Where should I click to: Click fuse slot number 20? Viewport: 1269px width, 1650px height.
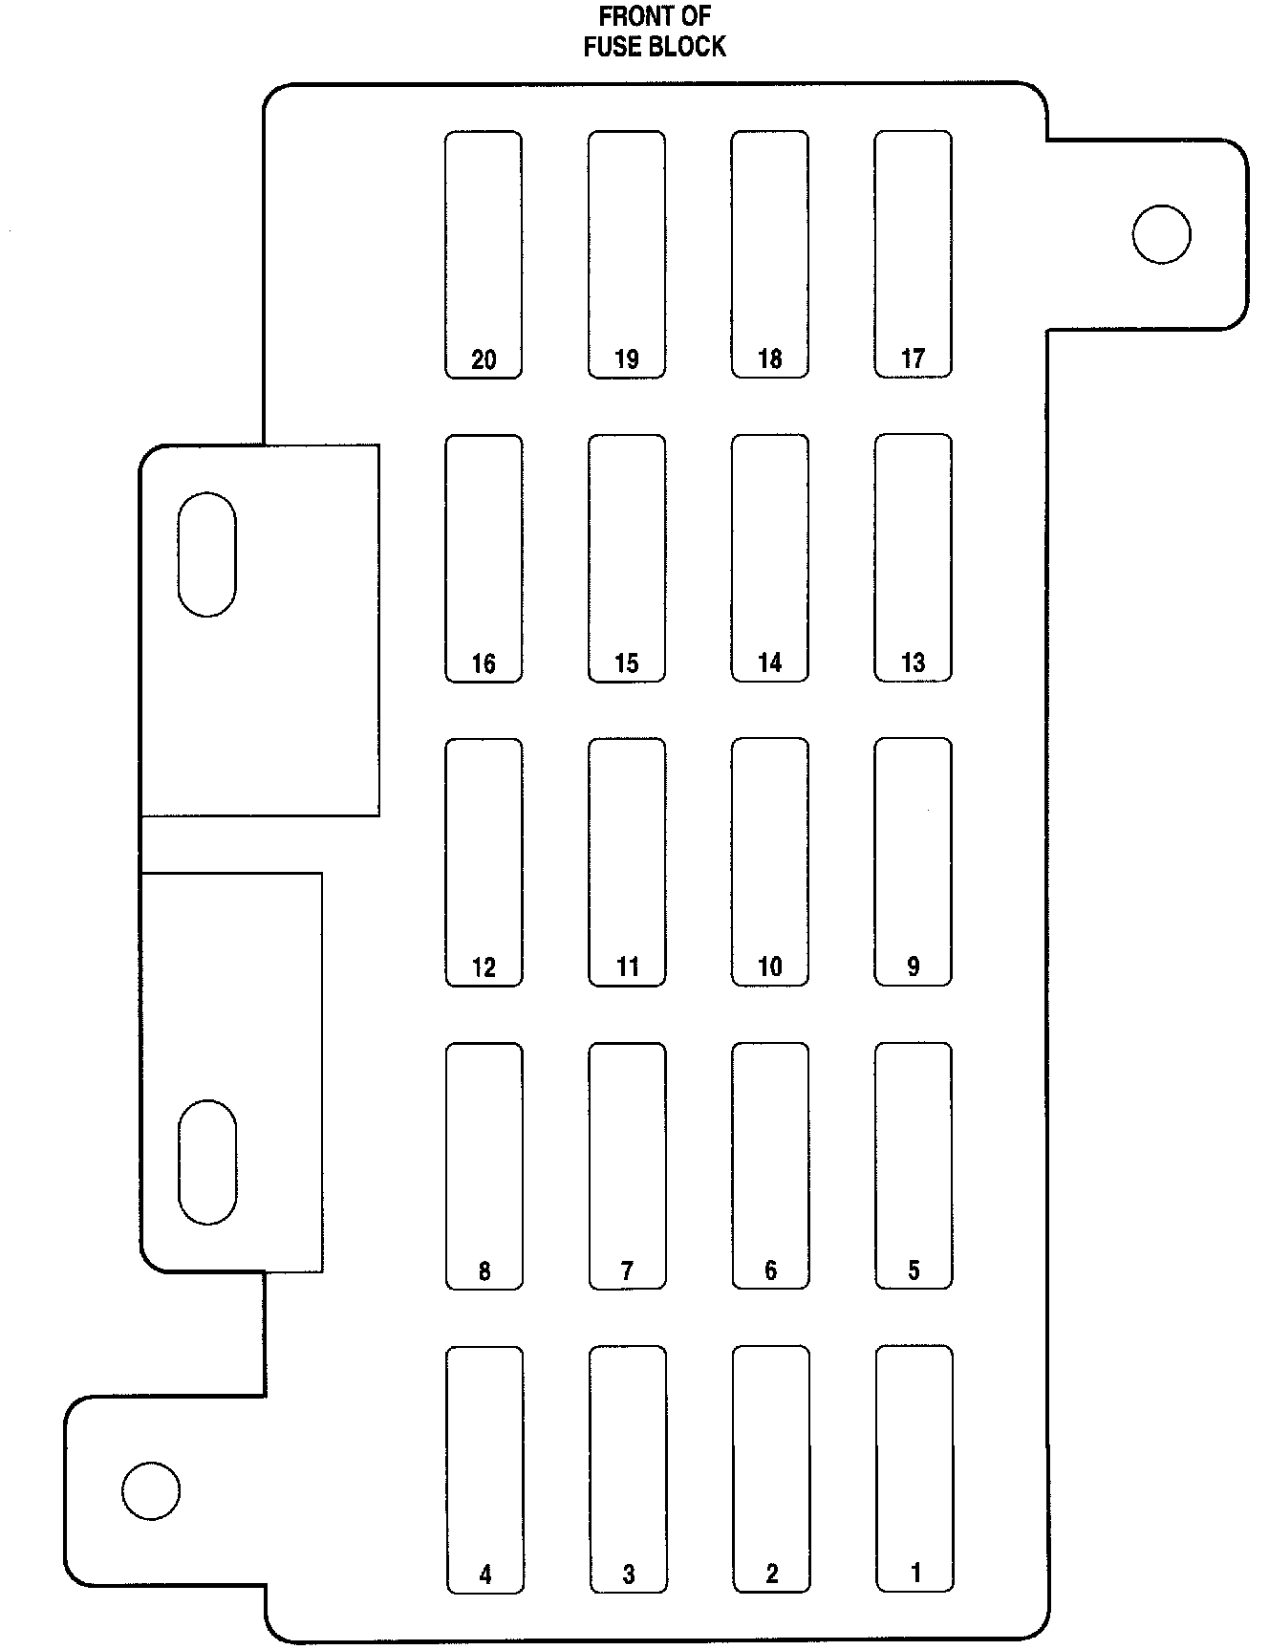pyautogui.click(x=484, y=254)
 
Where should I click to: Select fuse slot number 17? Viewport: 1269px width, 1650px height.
pyautogui.click(x=914, y=254)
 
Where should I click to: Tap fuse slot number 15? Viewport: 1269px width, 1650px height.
pyautogui.click(x=627, y=558)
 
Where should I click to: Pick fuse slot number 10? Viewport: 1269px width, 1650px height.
pyautogui.click(x=770, y=861)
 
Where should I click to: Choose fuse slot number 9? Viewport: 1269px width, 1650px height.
pyautogui.click(x=914, y=861)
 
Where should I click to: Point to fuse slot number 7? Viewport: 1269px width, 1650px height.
pyautogui.click(x=627, y=1165)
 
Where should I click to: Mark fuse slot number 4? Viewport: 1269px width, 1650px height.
pyautogui.click(x=484, y=1469)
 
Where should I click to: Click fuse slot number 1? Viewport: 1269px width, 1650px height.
pyautogui.click(x=914, y=1469)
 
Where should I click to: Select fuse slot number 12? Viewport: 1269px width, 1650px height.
pyautogui.click(x=484, y=861)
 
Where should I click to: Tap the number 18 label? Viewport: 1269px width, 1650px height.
pyautogui.click(x=770, y=359)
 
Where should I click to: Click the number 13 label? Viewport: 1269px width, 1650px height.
pyautogui.click(x=914, y=662)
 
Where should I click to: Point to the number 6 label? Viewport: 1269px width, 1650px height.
pyautogui.click(x=771, y=1270)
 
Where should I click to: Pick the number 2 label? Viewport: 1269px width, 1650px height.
pyautogui.click(x=772, y=1574)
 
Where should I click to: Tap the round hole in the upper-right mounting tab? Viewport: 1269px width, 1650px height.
pyautogui.click(x=1161, y=234)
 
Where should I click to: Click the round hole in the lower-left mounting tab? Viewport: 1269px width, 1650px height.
pyautogui.click(x=151, y=1490)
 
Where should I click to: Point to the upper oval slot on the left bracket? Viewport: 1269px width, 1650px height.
pyautogui.click(x=206, y=554)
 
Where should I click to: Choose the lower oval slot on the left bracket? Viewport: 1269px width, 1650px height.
pyautogui.click(x=207, y=1162)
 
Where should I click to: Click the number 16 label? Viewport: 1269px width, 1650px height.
pyautogui.click(x=484, y=663)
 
